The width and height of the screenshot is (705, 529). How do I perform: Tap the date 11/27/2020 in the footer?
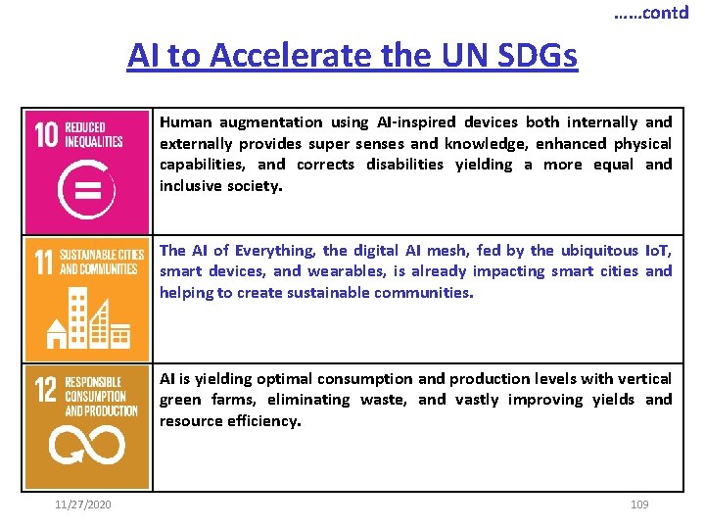(83, 504)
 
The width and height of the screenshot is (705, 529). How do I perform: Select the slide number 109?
(639, 504)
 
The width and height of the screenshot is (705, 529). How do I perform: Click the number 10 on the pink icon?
(46, 134)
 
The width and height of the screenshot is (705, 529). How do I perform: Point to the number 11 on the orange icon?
(44, 262)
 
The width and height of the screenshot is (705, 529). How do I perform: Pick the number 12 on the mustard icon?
(46, 391)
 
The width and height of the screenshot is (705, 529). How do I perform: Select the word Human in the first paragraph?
(185, 122)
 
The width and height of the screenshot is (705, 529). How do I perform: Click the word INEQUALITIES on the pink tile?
(94, 141)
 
